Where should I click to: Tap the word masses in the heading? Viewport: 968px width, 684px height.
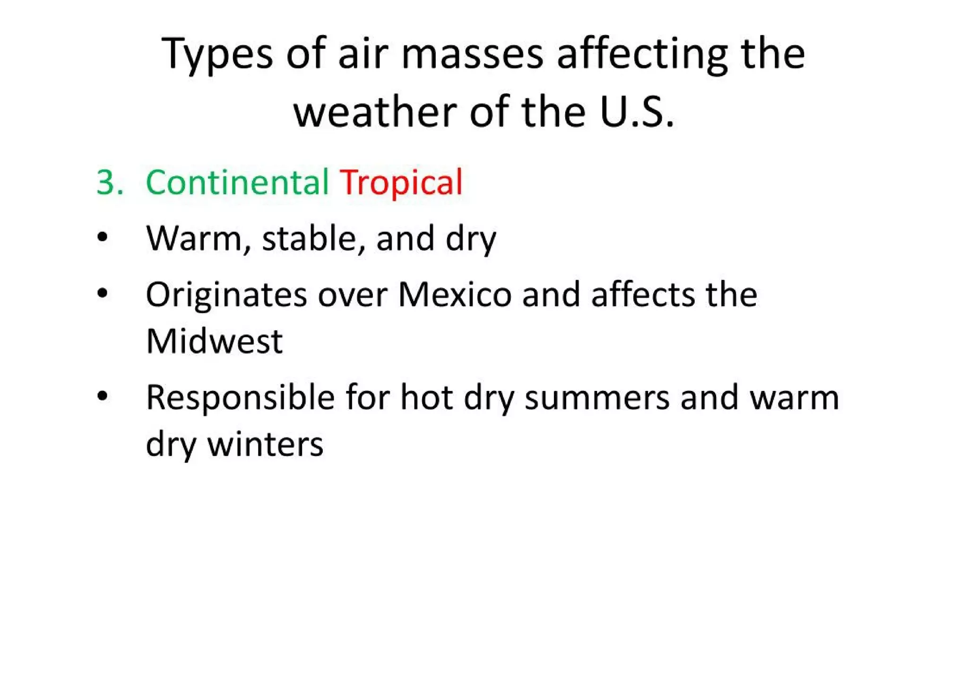pyautogui.click(x=472, y=54)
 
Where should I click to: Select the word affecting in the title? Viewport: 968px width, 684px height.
pyautogui.click(x=642, y=54)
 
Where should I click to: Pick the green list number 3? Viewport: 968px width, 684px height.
pyautogui.click(x=109, y=182)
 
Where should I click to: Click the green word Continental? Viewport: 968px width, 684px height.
pyautogui.click(x=237, y=182)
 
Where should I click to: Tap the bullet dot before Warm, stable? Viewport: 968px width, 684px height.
pyautogui.click(x=103, y=238)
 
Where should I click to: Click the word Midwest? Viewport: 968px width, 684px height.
pyautogui.click(x=214, y=341)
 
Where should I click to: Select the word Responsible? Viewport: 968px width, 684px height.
pyautogui.click(x=240, y=398)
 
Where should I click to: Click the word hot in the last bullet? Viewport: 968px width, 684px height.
pyautogui.click(x=427, y=398)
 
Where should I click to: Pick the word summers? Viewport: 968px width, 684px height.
pyautogui.click(x=597, y=398)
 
